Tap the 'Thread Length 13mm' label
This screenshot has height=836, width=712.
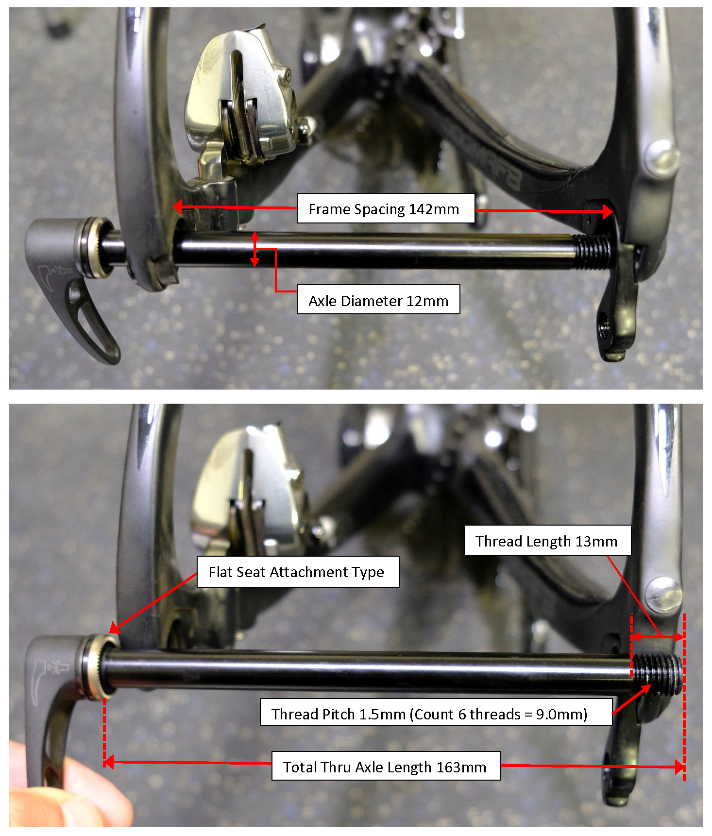547,541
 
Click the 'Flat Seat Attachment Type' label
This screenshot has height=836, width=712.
298,572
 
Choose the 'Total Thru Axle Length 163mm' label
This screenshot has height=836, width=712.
386,767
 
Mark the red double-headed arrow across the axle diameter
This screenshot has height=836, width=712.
254,249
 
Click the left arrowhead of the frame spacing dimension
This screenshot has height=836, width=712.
178,207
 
